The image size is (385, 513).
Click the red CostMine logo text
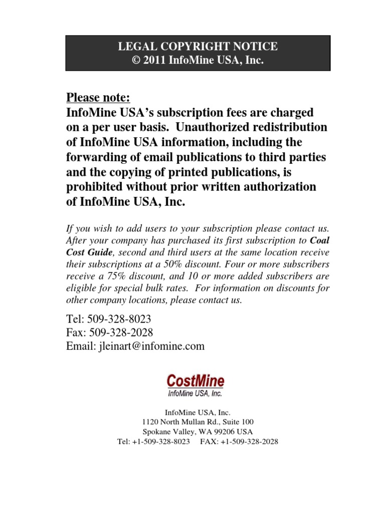click(x=196, y=381)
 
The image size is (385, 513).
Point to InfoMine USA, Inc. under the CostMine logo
click(x=195, y=394)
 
